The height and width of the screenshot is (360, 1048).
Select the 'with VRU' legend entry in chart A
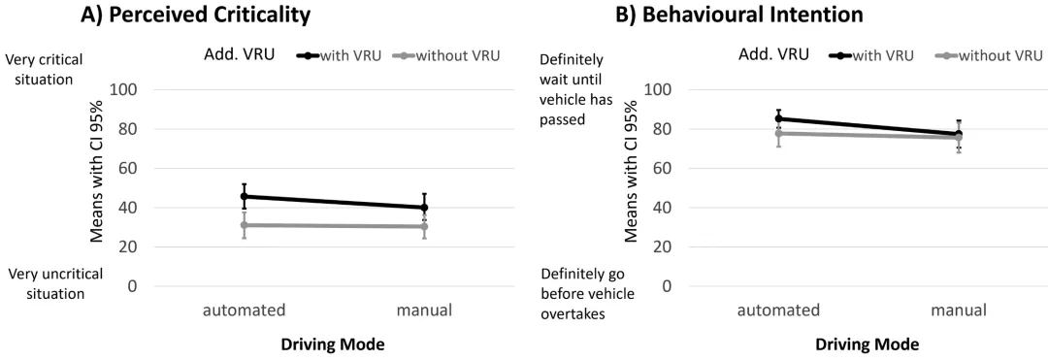click(x=339, y=55)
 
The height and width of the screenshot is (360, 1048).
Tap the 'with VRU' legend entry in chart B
click(x=873, y=55)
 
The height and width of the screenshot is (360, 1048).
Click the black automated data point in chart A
click(x=244, y=196)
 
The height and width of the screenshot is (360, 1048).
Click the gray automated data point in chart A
click(x=244, y=225)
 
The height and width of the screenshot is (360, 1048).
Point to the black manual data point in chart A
click(x=424, y=208)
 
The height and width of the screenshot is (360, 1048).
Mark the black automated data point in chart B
click(x=778, y=119)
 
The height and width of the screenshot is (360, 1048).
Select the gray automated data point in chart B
click(x=778, y=134)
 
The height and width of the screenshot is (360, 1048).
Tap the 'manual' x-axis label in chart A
click(x=424, y=311)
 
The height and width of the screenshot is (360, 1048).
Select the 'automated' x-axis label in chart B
click(x=778, y=311)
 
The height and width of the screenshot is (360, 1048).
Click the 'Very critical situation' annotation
click(x=44, y=70)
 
